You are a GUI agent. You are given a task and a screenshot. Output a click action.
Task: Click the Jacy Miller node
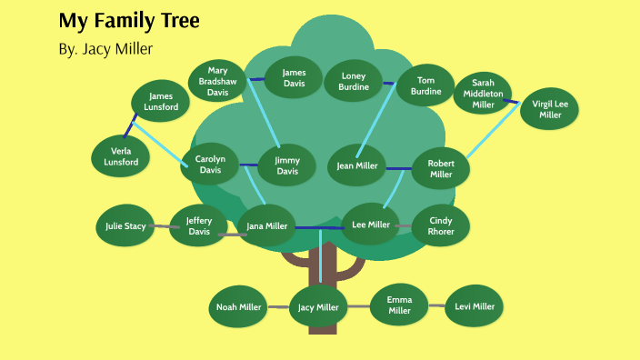tap(318, 307)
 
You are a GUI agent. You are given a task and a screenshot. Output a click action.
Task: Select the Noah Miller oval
tap(239, 307)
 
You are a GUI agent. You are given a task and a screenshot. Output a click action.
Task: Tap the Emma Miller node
tap(399, 305)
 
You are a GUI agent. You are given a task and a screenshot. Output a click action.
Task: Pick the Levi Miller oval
tap(475, 306)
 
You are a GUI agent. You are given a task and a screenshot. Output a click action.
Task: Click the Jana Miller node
tap(267, 226)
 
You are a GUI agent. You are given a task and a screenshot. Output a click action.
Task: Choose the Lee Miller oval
tap(370, 225)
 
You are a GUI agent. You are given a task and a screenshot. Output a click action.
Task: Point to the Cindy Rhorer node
tap(441, 225)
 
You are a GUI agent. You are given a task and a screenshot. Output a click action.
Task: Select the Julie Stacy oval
tap(125, 225)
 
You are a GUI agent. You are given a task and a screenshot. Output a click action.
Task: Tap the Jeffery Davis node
tap(198, 225)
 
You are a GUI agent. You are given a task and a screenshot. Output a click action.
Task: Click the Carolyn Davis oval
tap(210, 164)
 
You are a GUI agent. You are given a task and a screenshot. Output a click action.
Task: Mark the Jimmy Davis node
tap(286, 165)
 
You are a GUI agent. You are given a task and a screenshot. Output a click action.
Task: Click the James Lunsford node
tap(161, 101)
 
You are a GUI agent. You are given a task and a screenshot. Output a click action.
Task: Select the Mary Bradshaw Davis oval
tap(217, 81)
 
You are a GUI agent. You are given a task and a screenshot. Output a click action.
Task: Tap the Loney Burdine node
tap(354, 82)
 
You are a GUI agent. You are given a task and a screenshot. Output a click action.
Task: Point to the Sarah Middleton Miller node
tap(483, 94)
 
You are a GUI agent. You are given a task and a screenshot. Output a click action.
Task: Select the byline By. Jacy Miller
tap(105, 48)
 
